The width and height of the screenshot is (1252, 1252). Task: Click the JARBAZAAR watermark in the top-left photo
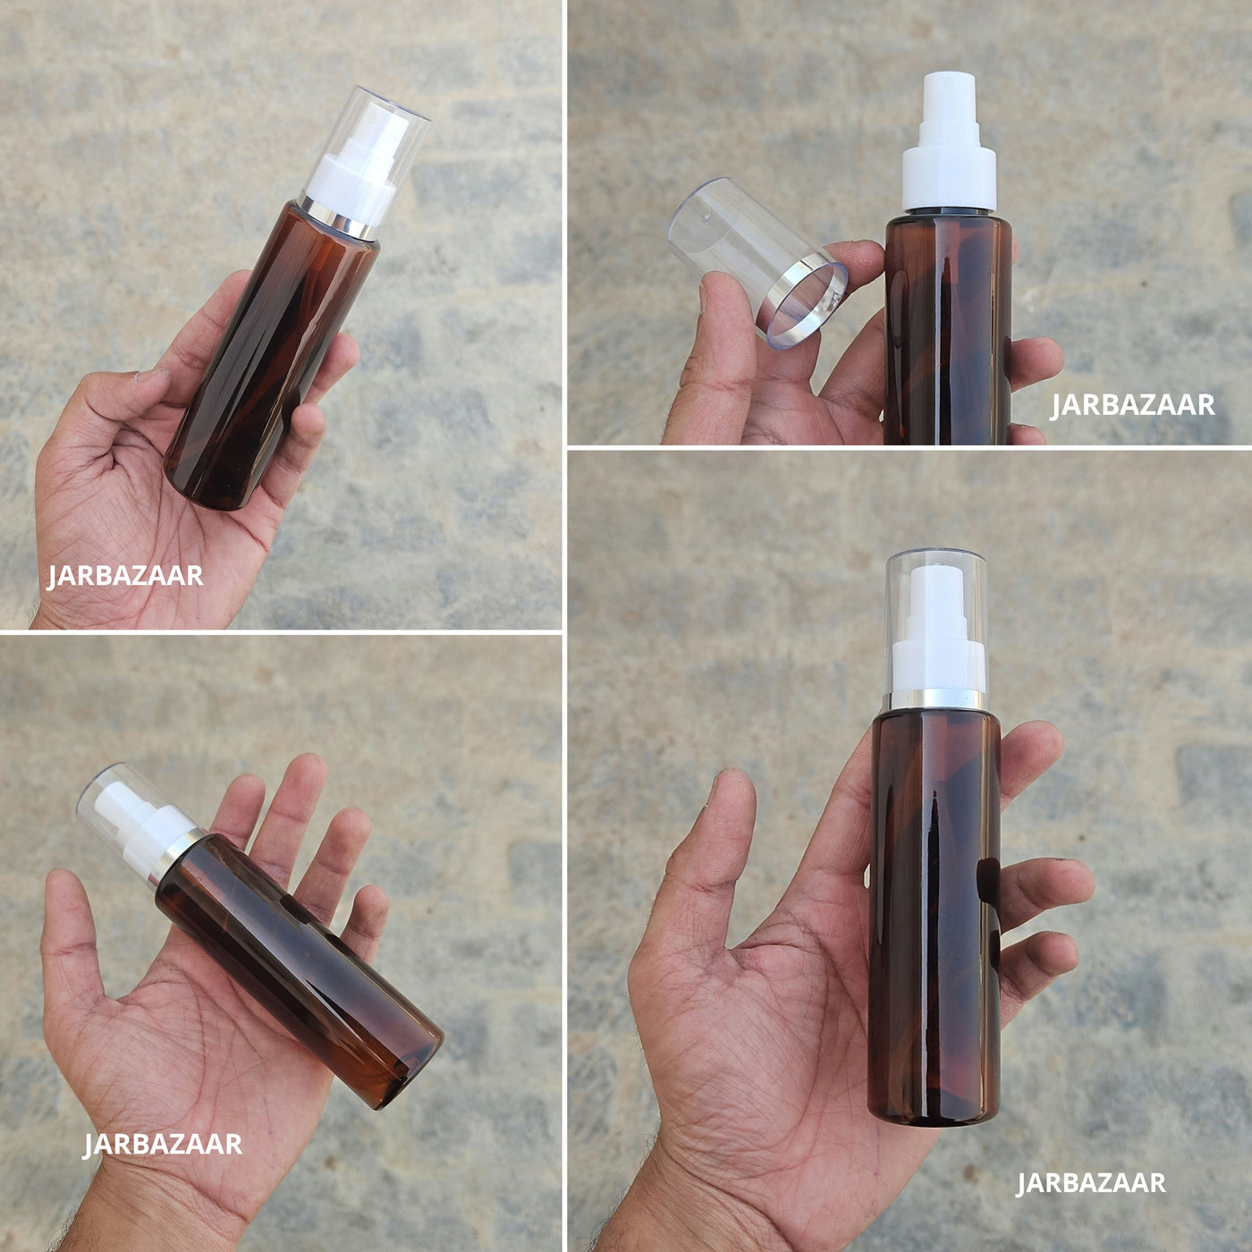[x=124, y=576]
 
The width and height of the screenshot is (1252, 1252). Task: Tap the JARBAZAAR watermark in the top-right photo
[x=1132, y=405]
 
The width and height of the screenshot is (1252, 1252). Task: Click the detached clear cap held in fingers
[x=757, y=261]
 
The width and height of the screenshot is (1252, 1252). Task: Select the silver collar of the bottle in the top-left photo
[x=336, y=218]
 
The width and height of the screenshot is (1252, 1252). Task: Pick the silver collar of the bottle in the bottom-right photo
[x=936, y=700]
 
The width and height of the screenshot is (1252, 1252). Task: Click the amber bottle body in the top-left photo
[x=271, y=356]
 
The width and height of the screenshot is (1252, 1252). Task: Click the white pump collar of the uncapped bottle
[x=949, y=180]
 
